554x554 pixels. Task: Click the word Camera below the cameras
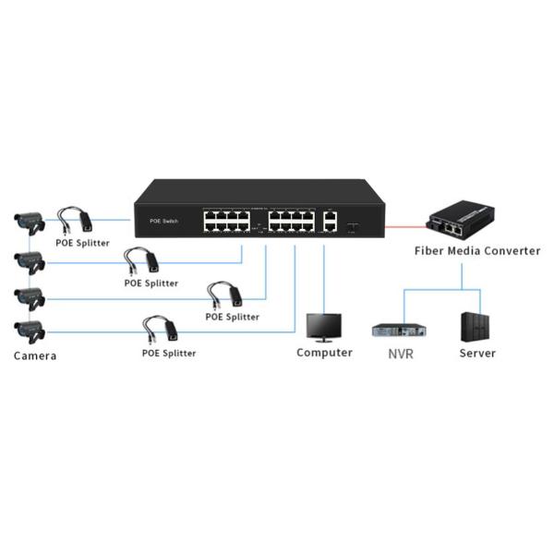pos(35,355)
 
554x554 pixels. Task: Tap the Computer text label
pos(324,353)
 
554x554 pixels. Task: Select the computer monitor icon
pos(323,327)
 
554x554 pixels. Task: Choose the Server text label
pos(477,353)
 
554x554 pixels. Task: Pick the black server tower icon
pos(476,326)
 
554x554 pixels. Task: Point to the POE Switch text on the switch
pos(163,222)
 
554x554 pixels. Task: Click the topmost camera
pos(30,221)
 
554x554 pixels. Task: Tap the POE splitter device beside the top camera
pos(76,221)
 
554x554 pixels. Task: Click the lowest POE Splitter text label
pos(168,353)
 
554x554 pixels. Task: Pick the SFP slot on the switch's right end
pos(353,224)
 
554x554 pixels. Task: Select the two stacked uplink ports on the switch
pos(330,221)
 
